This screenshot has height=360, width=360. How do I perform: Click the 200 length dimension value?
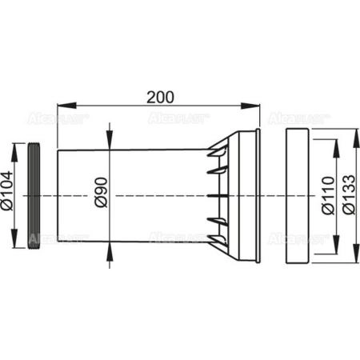(160, 98)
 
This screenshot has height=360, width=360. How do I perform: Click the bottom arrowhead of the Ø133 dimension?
(342, 258)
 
